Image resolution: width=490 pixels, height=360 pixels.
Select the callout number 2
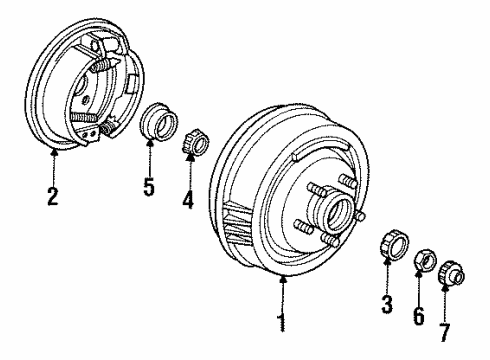(53, 195)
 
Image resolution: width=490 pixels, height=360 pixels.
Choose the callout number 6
(419, 316)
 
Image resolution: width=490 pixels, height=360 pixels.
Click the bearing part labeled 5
(158, 124)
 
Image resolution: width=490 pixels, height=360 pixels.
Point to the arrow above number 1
(284, 295)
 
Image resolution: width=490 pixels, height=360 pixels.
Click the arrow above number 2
(53, 165)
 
